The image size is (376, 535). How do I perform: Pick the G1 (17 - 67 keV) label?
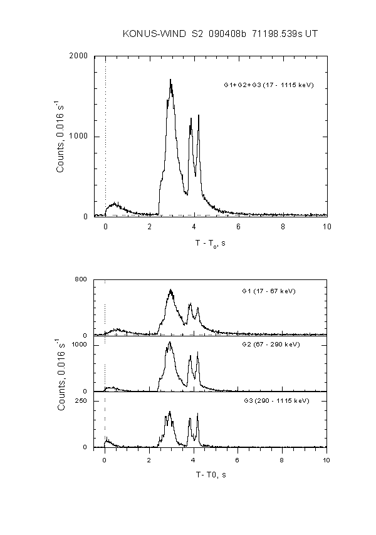tap(268, 291)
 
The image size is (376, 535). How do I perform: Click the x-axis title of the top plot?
tap(211, 243)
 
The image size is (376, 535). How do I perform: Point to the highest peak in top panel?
tap(170, 80)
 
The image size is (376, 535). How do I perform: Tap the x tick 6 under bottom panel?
tap(238, 458)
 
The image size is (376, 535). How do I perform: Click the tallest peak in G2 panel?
tap(170, 342)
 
